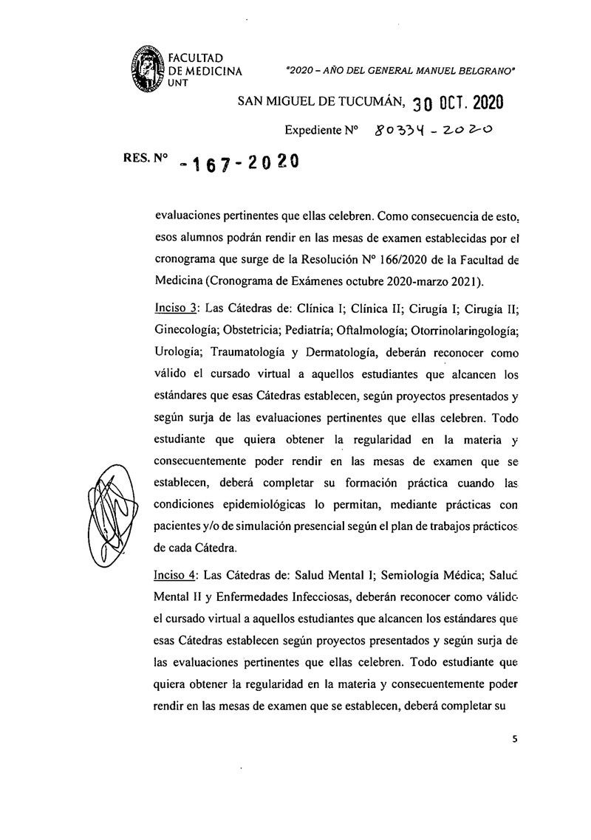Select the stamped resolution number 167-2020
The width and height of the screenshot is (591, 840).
[242, 164]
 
